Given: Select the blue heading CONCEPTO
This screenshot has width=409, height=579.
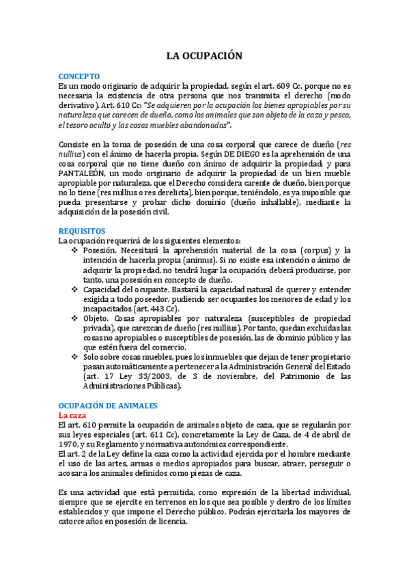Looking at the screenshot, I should click(79, 76).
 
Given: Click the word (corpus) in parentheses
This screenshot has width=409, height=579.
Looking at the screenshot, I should click(299, 251).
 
